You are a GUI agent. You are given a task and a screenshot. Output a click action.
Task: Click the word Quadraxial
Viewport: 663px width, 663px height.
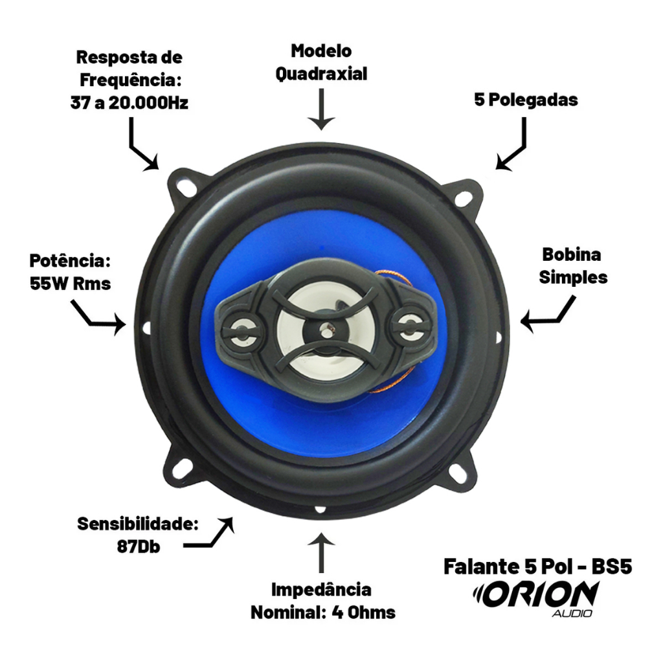tap(321, 74)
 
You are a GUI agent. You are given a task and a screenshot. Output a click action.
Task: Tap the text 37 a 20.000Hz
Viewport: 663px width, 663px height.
tap(129, 103)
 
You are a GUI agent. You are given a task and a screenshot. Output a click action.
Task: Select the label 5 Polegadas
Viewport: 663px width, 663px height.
tap(526, 100)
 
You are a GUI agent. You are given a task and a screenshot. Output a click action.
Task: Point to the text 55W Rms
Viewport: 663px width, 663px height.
tap(70, 284)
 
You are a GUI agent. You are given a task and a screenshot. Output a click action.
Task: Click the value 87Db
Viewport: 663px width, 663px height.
tap(139, 546)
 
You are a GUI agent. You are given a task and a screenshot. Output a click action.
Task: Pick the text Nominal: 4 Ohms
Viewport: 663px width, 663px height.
tap(323, 612)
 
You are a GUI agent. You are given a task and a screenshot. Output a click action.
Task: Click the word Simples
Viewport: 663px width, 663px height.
tap(573, 278)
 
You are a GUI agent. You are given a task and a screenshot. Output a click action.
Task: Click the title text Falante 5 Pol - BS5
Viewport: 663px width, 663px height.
tap(538, 567)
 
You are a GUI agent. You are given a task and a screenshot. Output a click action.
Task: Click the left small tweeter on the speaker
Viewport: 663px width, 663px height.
tap(241, 329)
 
